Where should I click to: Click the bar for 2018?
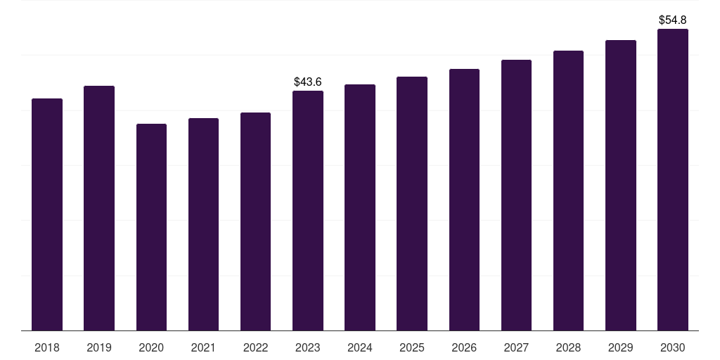pos(47,214)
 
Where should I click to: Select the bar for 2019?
pos(99,208)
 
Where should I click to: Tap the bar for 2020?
pos(152,227)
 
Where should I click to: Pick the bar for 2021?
pos(203,224)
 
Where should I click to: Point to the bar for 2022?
pos(255,221)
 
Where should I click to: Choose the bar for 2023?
pos(308,211)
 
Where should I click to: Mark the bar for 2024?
pos(360,207)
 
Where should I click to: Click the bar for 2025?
pos(412,203)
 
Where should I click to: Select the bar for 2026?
pos(464,200)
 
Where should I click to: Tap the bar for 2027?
pos(516,195)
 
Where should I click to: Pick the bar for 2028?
pos(568,191)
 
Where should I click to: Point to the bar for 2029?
pos(621,186)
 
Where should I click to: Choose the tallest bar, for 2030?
pos(673,179)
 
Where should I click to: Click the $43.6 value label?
pos(308,82)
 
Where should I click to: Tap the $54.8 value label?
pos(673,20)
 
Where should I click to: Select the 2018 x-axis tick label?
pos(47,347)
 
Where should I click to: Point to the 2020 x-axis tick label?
pos(152,347)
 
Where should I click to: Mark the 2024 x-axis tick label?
pos(360,347)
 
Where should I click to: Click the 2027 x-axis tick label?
pos(516,347)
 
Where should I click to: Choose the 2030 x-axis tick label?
pos(673,347)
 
